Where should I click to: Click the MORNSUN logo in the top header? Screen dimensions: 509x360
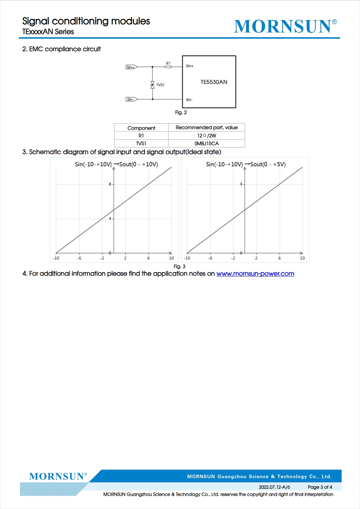pyautogui.click(x=285, y=26)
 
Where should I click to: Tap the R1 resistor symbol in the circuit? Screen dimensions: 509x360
pyautogui.click(x=168, y=67)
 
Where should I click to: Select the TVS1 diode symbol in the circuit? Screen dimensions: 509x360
pyautogui.click(x=152, y=85)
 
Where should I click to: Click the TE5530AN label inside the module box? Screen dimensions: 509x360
pyautogui.click(x=214, y=82)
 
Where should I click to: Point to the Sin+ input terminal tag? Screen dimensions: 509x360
pyautogui.click(x=131, y=67)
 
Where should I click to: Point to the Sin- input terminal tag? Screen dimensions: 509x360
pyautogui.click(x=131, y=99)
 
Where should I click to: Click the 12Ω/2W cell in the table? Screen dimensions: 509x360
pyautogui.click(x=206, y=135)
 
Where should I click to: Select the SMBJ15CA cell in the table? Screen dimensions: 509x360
pyautogui.click(x=206, y=144)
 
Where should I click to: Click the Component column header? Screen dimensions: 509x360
pyautogui.click(x=141, y=128)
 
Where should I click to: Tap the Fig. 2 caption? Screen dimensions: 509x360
pyautogui.click(x=181, y=112)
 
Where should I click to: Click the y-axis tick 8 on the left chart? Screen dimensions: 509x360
pyautogui.click(x=110, y=184)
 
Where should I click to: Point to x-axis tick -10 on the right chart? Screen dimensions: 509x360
pyautogui.click(x=187, y=258)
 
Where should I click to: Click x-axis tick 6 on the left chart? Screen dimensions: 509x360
pyautogui.click(x=148, y=258)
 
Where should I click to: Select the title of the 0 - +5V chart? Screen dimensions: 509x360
pyautogui.click(x=246, y=164)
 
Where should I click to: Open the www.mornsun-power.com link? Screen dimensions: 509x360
pyautogui.click(x=255, y=274)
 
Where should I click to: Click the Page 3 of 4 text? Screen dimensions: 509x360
pyautogui.click(x=320, y=487)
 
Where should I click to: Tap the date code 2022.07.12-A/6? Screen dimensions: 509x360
pyautogui.click(x=274, y=487)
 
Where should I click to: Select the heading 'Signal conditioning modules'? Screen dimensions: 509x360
pyautogui.click(x=86, y=21)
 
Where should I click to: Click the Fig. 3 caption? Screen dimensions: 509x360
pyautogui.click(x=180, y=266)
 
